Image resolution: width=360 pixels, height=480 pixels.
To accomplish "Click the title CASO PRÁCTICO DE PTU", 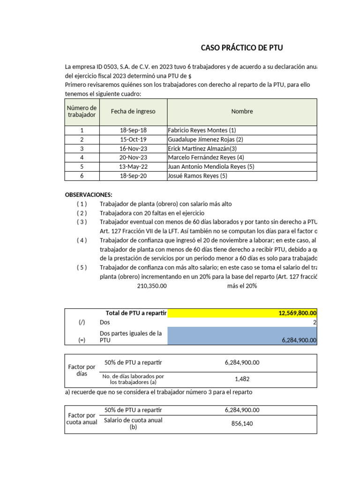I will click(242, 48).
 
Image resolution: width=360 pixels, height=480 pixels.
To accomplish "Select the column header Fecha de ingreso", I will click(133, 112).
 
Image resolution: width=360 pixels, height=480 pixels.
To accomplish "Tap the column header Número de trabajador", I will click(82, 112).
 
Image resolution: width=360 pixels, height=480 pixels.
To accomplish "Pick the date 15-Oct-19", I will click(133, 139).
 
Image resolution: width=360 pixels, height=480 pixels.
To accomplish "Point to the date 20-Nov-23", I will click(133, 157).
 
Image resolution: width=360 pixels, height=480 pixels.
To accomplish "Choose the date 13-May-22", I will click(133, 167).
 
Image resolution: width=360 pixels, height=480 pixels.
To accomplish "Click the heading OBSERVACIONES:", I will click(89, 195).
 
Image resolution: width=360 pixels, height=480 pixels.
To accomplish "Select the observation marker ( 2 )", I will click(82, 213).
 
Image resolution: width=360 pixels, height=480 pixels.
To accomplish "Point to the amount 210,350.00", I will click(152, 286).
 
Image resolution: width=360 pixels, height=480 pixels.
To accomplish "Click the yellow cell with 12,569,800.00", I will click(242, 313).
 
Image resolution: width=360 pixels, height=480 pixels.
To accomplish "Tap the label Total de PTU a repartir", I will click(136, 313).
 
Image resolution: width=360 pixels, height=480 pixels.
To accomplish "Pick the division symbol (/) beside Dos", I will click(82, 322).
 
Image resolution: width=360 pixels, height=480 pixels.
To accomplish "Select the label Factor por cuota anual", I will click(82, 419).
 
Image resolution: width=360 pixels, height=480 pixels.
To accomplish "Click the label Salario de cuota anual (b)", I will click(133, 423).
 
